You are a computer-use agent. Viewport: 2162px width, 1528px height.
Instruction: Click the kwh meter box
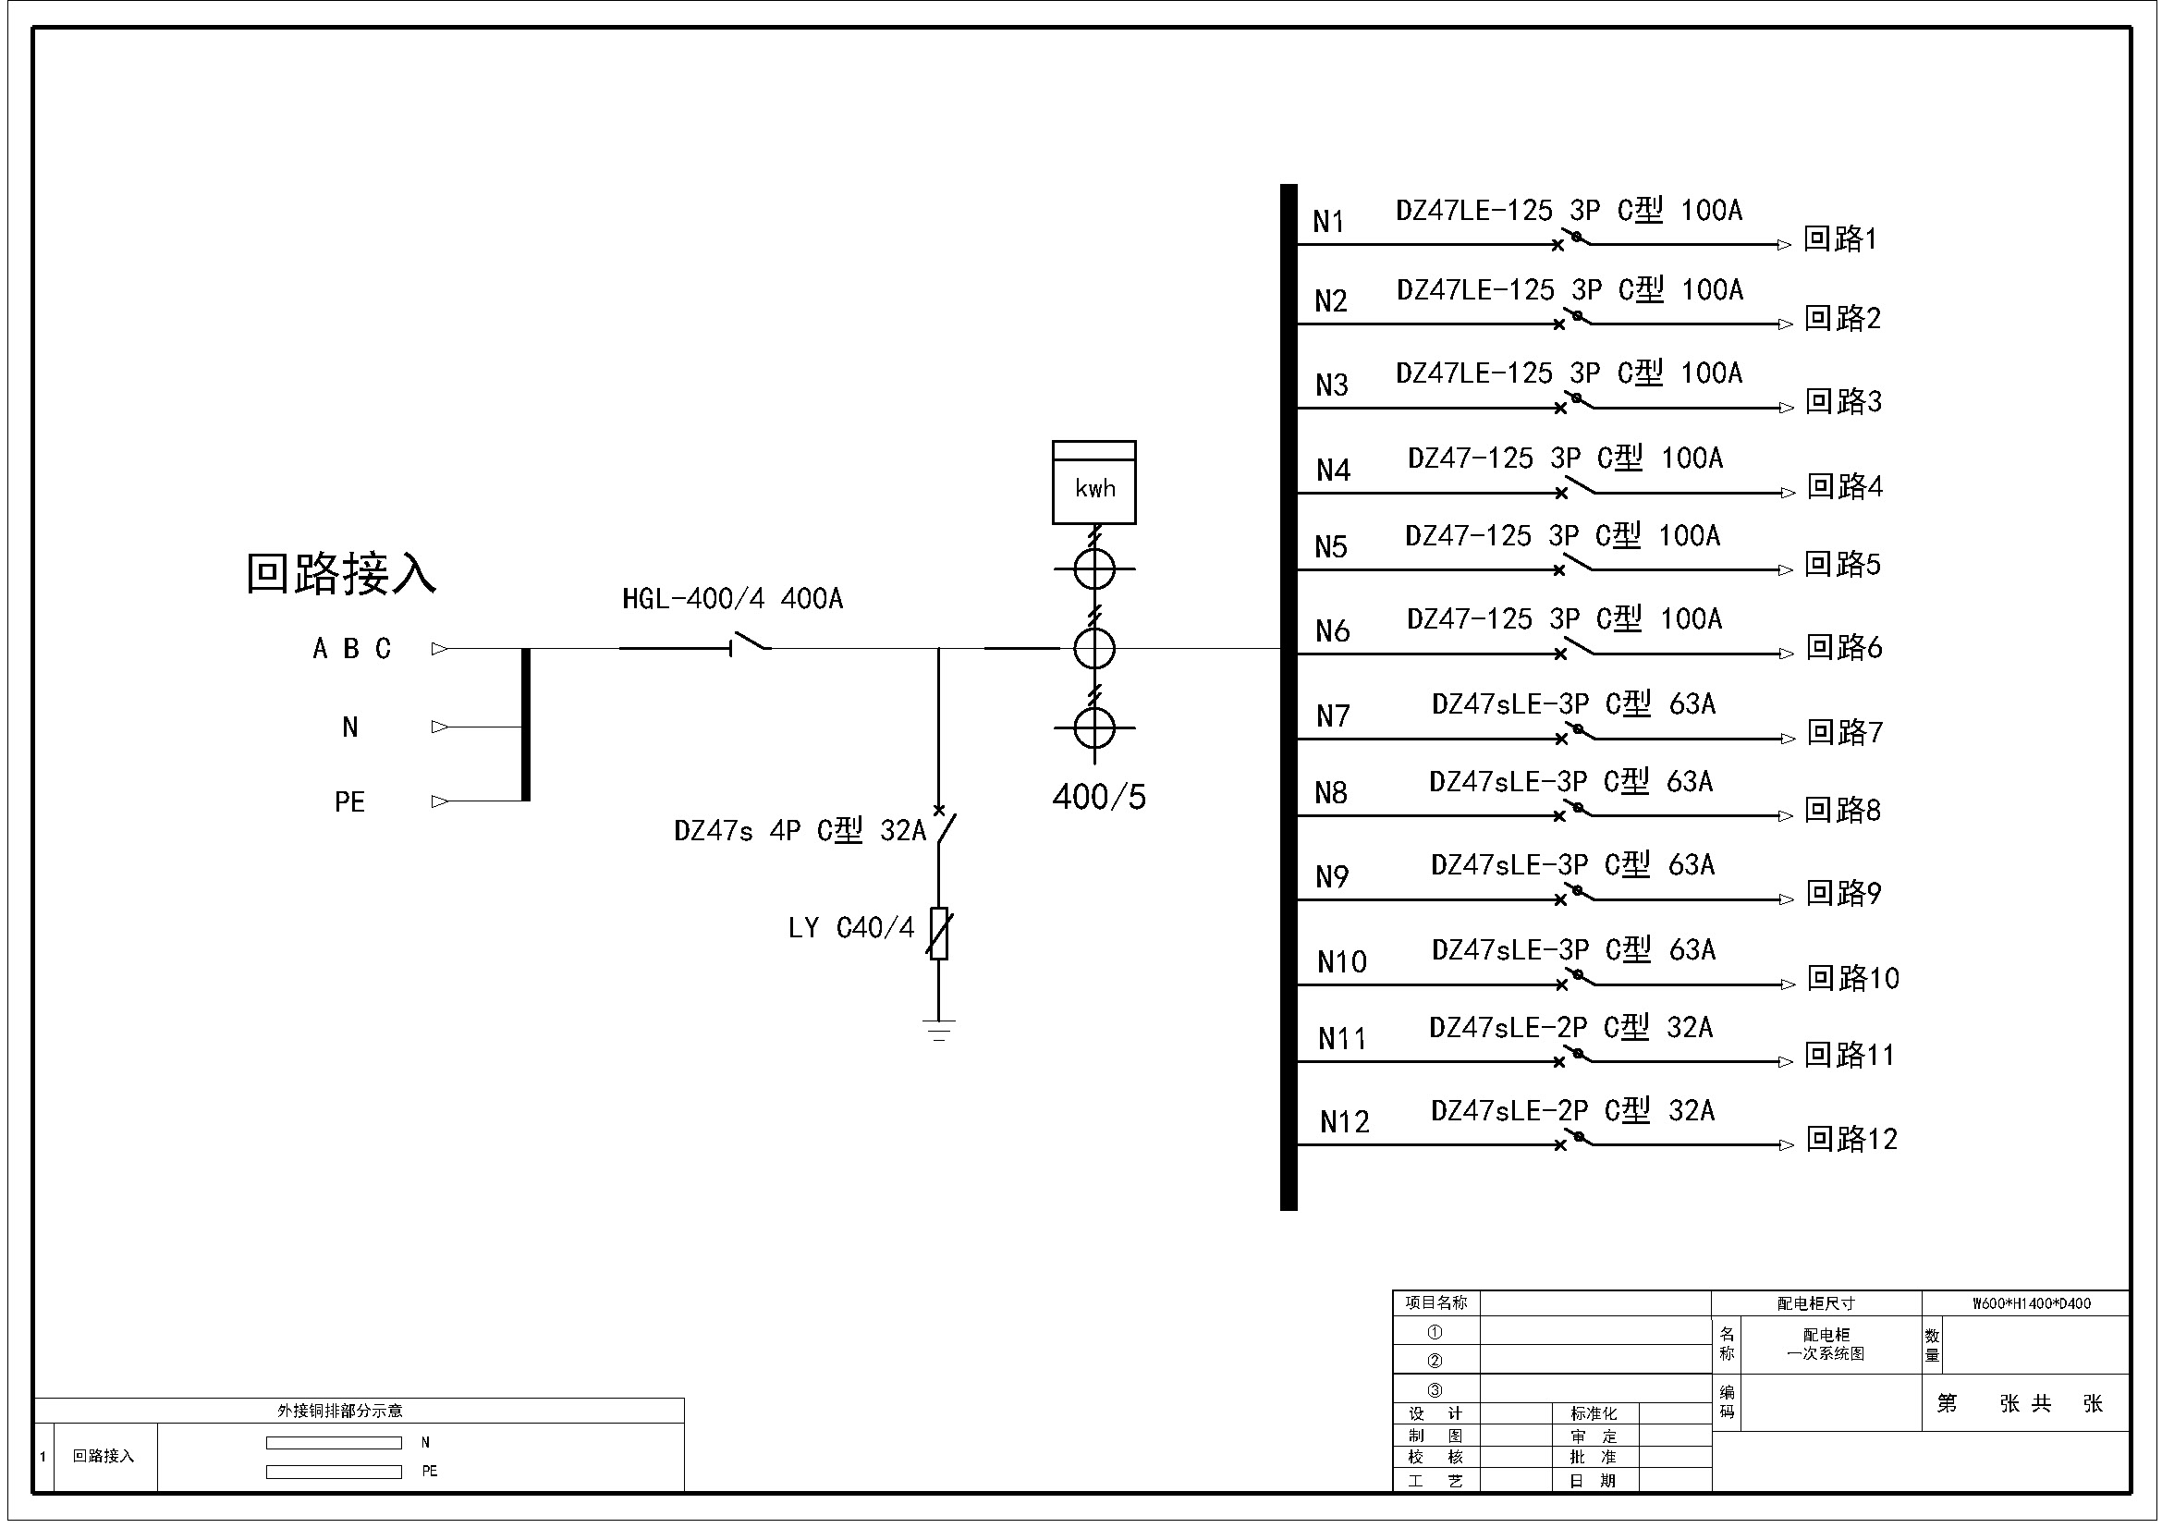[1093, 482]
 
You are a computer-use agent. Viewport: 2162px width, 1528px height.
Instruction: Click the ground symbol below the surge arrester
[939, 1029]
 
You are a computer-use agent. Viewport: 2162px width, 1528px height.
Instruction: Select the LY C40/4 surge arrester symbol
[939, 933]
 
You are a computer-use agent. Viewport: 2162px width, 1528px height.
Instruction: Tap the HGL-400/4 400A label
[733, 599]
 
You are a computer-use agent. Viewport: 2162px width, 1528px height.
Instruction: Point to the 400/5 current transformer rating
[1099, 798]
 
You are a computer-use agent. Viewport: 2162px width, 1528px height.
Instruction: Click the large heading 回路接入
[341, 572]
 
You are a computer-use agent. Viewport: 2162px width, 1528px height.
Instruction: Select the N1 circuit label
[1327, 222]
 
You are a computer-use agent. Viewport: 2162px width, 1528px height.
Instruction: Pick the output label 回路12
[1851, 1140]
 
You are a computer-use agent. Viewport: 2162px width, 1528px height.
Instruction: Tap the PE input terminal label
[349, 802]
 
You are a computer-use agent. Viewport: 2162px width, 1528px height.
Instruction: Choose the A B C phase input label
[351, 649]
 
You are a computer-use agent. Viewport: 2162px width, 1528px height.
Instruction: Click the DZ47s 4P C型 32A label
[800, 830]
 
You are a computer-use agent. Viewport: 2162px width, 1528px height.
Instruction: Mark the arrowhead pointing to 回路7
[1788, 740]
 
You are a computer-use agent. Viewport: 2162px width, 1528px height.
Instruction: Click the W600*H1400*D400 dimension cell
[2031, 1304]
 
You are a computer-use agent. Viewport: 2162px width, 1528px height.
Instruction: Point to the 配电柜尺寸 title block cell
[1815, 1304]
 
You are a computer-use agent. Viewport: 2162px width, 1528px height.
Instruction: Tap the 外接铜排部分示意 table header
[339, 1411]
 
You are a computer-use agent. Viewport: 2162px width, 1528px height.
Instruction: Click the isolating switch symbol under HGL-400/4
[751, 644]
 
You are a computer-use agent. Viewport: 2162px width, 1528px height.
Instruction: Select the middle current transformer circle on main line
[1094, 649]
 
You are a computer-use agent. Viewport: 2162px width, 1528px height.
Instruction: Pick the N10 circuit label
[1341, 962]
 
